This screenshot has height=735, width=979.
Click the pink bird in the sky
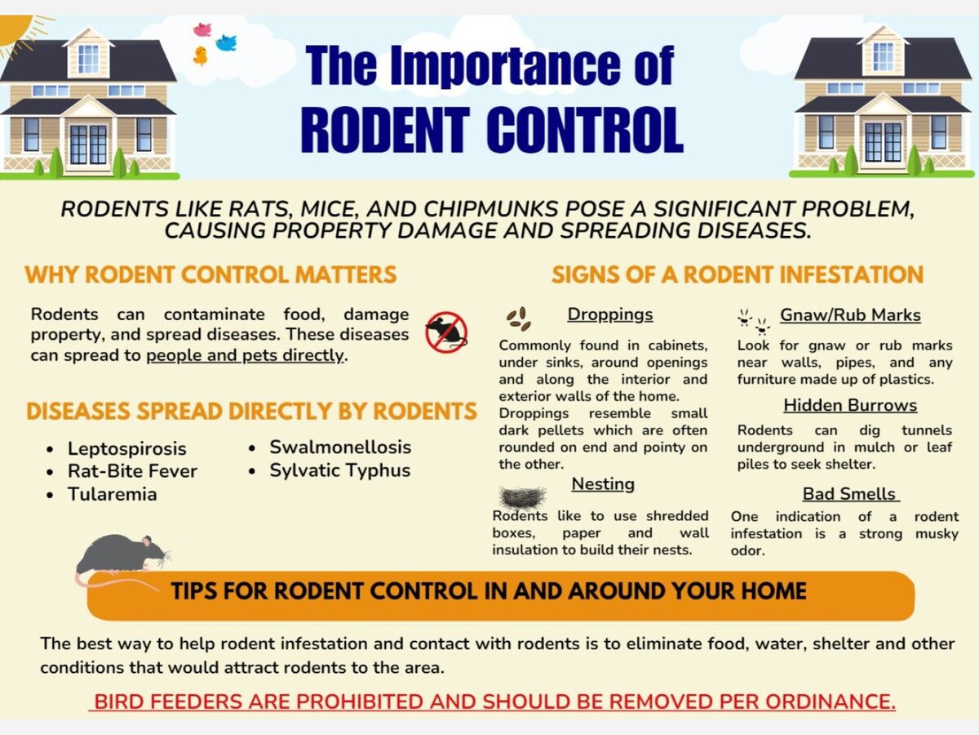pos(202,29)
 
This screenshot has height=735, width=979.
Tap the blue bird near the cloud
pos(227,42)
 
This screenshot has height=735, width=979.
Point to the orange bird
pos(200,56)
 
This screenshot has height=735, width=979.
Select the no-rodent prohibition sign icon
pos(446,332)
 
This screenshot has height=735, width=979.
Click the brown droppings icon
pos(518,319)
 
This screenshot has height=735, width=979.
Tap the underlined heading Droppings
pos(609,314)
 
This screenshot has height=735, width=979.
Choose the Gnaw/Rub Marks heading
pos(850,315)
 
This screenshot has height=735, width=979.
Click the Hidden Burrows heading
pos(850,405)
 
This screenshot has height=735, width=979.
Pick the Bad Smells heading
pos(850,494)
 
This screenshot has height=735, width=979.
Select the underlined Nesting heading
pos(603,484)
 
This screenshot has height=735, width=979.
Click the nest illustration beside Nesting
pos(523,497)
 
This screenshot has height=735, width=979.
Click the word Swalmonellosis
pos(340,448)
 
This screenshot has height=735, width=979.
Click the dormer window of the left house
pos(88,59)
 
